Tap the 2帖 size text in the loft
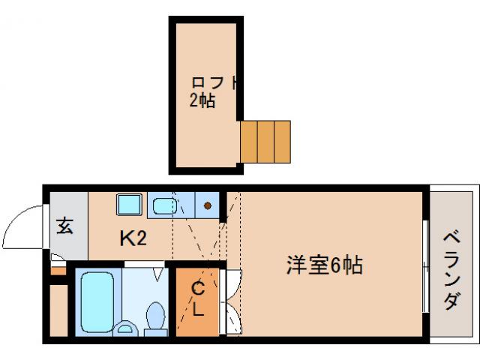pos(202,101)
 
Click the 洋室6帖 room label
pos(325,265)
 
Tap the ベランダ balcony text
pos(452,270)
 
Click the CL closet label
pos(197,298)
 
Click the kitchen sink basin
pos(162,205)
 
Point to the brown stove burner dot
pos(207,204)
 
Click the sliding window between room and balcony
pos(425,266)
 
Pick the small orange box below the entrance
pos(57,268)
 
